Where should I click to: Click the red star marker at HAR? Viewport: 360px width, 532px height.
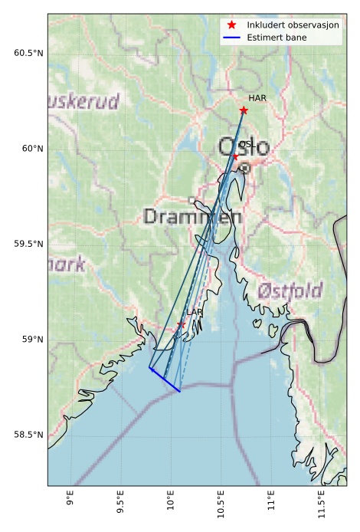(244, 110)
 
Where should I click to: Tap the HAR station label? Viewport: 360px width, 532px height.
(257, 99)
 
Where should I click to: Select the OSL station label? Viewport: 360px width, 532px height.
(247, 144)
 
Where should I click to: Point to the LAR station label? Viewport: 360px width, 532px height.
(195, 313)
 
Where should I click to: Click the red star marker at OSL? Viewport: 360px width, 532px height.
(235, 156)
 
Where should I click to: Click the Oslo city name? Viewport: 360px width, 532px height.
(244, 146)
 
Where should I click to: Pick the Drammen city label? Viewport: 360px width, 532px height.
(192, 216)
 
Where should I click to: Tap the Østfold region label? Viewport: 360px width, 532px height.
(289, 291)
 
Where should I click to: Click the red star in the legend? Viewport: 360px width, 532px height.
(231, 25)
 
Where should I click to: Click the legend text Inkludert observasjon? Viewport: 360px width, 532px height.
(293, 25)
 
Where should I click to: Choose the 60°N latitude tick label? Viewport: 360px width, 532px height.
(31, 149)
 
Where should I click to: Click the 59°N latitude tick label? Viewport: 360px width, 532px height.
(31, 340)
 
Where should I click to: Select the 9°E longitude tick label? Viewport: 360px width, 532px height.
(70, 500)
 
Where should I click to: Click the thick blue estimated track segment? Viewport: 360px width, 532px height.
(165, 380)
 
